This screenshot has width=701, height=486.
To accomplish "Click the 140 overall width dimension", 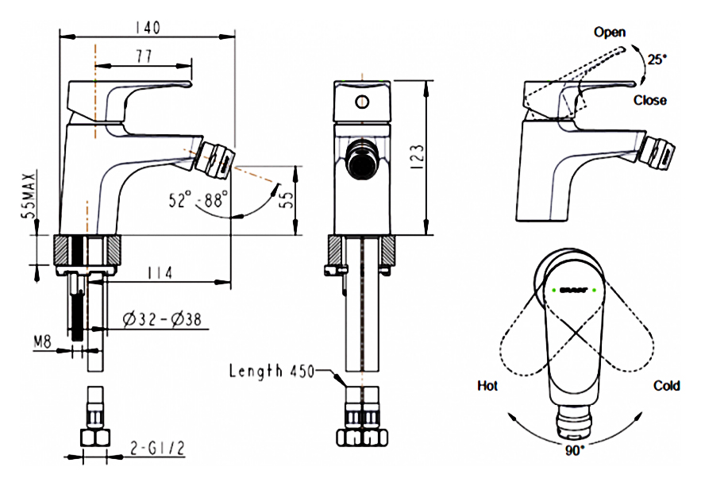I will [147, 27].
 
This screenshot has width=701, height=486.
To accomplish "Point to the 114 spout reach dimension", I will [160, 272].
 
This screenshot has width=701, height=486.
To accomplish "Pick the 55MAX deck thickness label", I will [29, 194].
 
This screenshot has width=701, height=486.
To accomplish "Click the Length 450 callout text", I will [272, 370].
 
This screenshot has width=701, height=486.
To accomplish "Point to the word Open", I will [610, 33].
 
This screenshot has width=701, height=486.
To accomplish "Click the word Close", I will [649, 100].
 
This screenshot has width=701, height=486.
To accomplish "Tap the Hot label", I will [487, 386].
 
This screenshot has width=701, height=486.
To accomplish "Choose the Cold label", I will [666, 386].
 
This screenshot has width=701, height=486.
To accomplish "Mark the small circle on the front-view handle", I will [362, 101].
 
